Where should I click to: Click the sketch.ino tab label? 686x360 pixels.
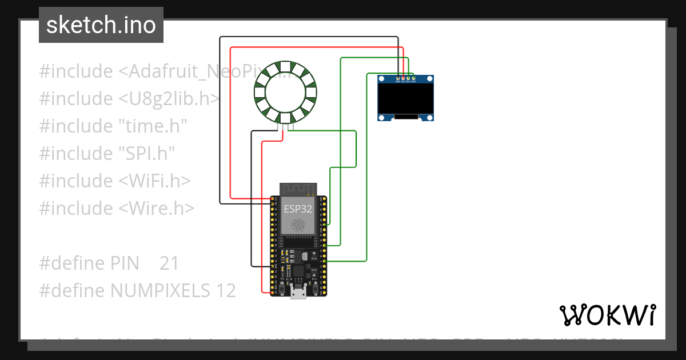coord(101,25)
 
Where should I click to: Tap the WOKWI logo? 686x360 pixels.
coord(607,315)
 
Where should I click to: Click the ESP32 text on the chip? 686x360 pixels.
coord(298,209)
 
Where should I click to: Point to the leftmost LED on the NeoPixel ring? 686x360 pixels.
coord(259,91)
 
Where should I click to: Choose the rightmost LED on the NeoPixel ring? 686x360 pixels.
coord(312,91)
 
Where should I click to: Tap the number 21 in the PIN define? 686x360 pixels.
coord(169,263)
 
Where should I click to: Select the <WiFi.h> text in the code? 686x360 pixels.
coord(154,181)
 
